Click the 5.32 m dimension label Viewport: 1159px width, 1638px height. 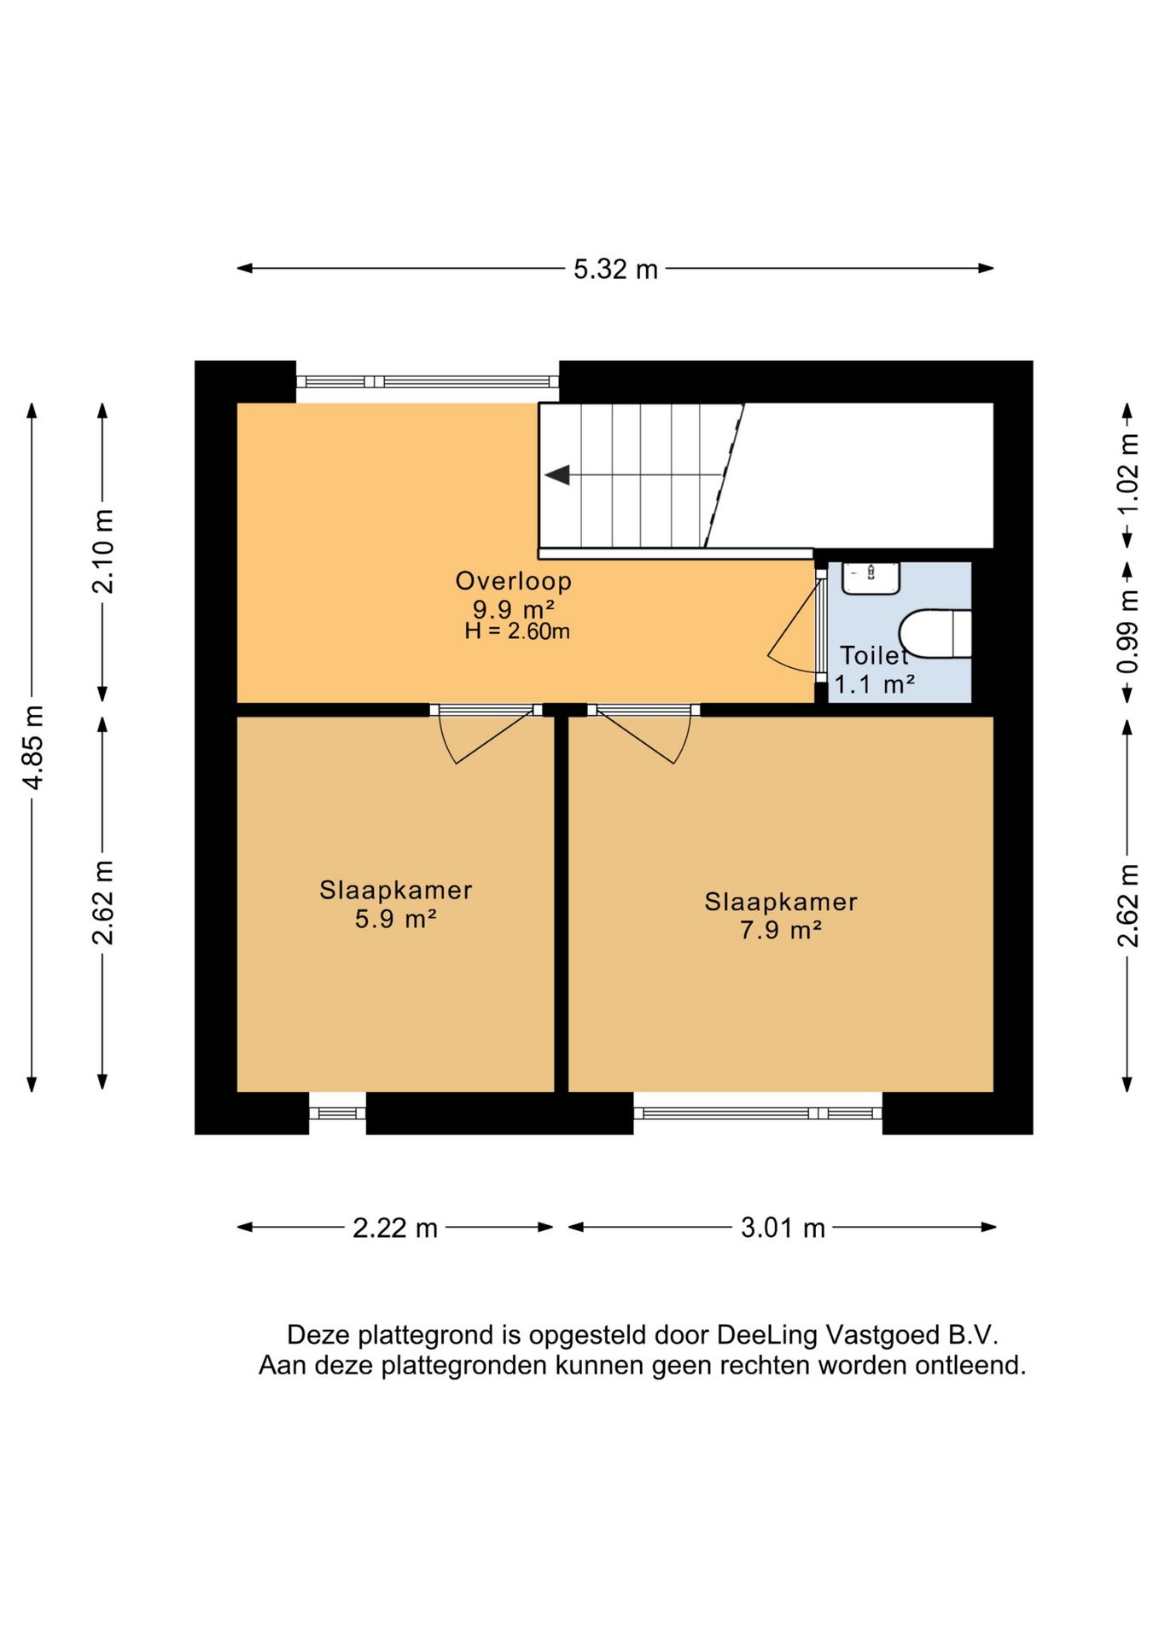point(615,270)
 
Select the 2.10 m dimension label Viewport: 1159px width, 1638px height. point(103,551)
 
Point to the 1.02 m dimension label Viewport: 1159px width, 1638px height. point(1127,473)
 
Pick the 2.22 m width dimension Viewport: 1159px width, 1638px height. point(395,1228)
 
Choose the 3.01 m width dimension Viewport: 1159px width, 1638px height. point(783,1228)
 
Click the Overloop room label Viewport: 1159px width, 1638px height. point(514,581)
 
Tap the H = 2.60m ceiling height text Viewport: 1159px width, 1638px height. point(517,631)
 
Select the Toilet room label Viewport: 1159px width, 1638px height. point(875,655)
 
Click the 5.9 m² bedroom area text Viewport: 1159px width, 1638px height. point(396,920)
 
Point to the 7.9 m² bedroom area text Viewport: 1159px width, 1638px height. point(781,930)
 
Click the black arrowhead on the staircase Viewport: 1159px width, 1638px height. point(558,475)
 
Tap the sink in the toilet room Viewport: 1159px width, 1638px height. point(871,578)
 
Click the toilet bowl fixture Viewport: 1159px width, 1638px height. point(935,634)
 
